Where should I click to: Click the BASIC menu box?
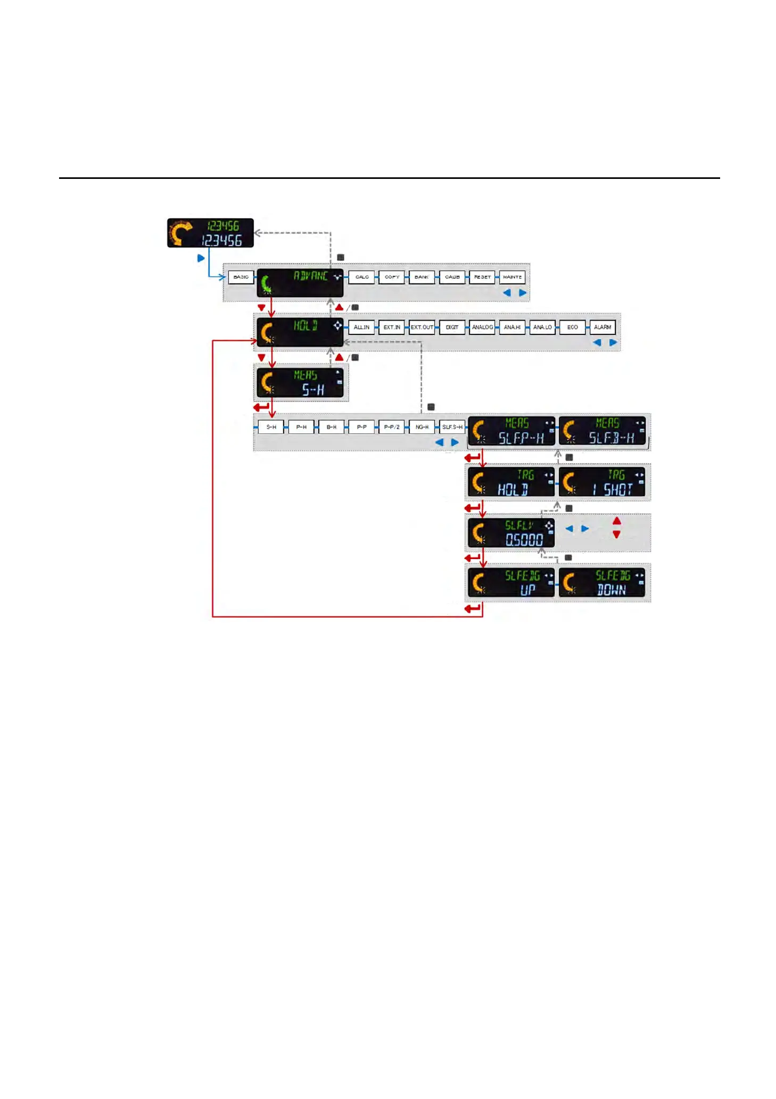tap(241, 277)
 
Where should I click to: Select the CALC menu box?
tap(362, 277)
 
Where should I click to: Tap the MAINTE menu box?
tap(512, 277)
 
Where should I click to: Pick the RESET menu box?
tap(482, 277)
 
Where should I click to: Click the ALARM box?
tap(602, 327)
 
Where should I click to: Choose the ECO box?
tap(572, 327)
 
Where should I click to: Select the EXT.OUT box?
tap(422, 327)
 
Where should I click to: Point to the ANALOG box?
tap(482, 327)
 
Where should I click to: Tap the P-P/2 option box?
tap(392, 427)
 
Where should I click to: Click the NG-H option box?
tap(422, 427)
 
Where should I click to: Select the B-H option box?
tap(332, 427)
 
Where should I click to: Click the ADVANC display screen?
tap(300, 283)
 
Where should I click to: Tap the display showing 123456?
tap(210, 233)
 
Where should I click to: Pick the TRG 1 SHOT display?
tap(602, 482)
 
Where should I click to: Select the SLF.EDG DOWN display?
tap(602, 583)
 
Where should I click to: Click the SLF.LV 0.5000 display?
tap(511, 532)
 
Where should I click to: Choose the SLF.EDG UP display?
tap(511, 583)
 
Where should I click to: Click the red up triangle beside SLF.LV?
tap(617, 521)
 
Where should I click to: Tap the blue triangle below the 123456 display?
tap(201, 258)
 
